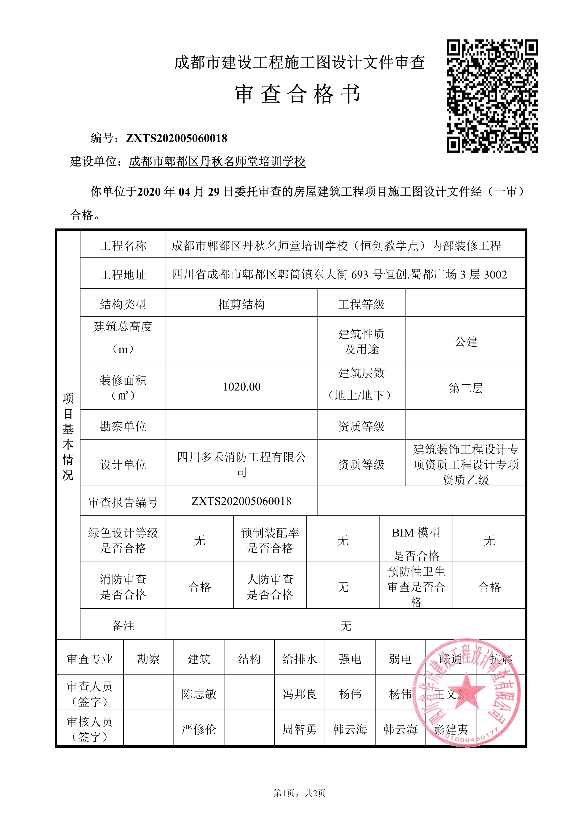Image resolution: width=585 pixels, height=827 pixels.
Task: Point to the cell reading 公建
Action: pos(466,341)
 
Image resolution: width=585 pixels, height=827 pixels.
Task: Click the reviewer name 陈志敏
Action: pos(199,694)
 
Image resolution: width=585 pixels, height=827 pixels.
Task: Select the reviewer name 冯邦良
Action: pos(299,694)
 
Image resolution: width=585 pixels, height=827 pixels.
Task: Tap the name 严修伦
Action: pos(199,729)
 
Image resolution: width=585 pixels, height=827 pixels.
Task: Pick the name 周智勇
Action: pos(299,729)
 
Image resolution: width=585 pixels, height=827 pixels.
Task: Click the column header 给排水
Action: pos(299,659)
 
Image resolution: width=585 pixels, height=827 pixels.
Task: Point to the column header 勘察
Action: pos(148,659)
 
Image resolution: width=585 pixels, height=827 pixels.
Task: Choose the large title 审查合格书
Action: pos(297,94)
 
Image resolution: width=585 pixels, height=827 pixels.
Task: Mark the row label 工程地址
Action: pos(123,275)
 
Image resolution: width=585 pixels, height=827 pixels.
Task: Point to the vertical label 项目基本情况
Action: pos(68,436)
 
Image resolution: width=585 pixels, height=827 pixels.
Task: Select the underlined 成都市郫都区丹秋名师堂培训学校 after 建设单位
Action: pos(217,162)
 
